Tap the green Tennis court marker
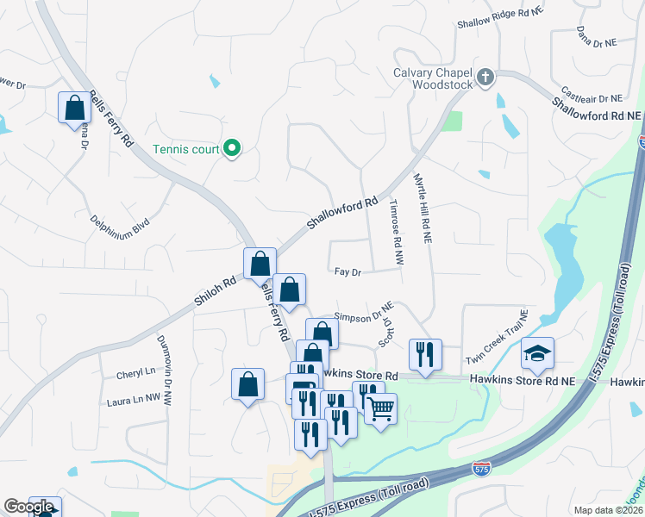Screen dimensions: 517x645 point(231,149)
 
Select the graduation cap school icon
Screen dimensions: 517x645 point(537,353)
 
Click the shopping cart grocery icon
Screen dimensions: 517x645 point(380,408)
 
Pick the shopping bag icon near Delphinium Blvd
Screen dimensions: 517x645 point(74,108)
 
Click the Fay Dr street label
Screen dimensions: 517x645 point(347,272)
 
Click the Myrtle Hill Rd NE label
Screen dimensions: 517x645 point(423,210)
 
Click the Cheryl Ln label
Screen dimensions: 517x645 point(135,375)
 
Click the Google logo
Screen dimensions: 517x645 point(28,507)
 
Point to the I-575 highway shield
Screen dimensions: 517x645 point(483,468)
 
